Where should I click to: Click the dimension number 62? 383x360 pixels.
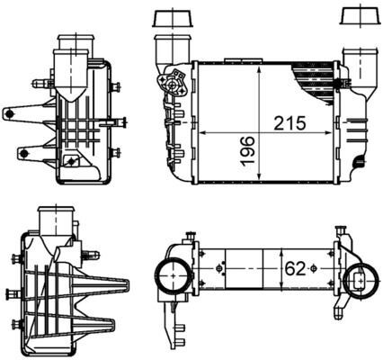pos(294,268)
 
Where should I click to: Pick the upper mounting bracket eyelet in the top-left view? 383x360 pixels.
pos(13,112)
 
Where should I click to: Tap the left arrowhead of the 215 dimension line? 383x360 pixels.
pos(200,131)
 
